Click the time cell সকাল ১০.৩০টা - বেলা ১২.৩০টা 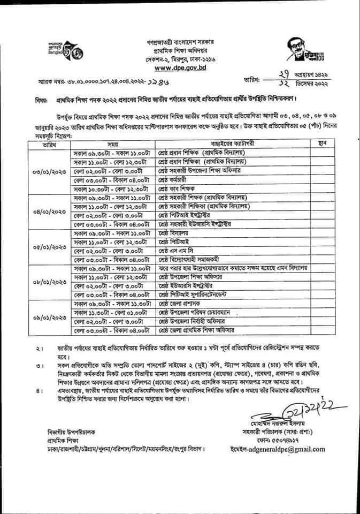click(x=114, y=188)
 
